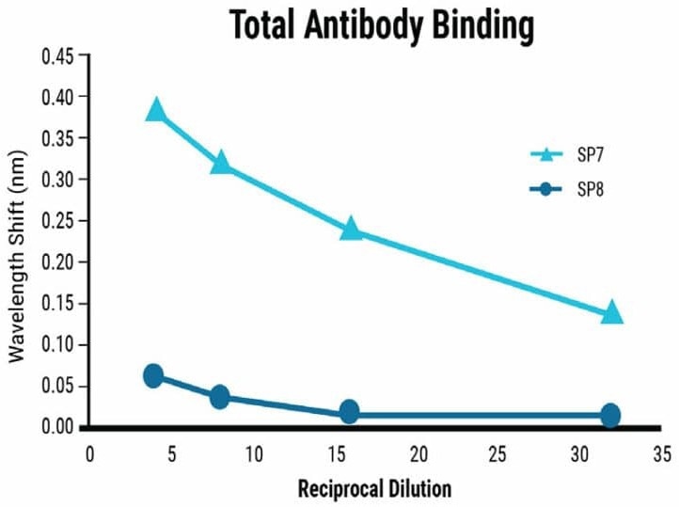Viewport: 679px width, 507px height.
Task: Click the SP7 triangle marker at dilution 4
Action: point(155,110)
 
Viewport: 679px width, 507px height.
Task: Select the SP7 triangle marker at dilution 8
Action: point(220,162)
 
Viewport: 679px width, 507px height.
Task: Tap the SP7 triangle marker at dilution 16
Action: point(350,228)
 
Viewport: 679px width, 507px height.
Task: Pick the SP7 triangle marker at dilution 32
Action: point(611,311)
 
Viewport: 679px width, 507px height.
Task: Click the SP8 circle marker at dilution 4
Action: point(153,375)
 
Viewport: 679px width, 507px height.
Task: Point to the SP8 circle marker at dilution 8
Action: point(220,396)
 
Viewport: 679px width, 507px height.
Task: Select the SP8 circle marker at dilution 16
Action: point(349,411)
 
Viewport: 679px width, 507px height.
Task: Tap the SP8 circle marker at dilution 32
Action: point(610,415)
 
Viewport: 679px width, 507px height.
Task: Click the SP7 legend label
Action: point(591,154)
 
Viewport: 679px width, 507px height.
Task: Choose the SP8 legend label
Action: point(591,190)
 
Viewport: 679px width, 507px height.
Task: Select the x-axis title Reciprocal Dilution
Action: point(374,489)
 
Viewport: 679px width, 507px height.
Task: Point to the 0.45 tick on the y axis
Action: point(62,55)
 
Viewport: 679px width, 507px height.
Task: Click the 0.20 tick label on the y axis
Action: point(62,261)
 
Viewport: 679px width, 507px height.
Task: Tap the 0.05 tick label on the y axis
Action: point(62,386)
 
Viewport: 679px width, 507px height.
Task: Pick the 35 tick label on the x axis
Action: point(662,454)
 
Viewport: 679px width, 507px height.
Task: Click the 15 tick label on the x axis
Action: point(336,454)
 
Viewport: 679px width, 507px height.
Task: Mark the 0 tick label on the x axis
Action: point(90,454)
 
